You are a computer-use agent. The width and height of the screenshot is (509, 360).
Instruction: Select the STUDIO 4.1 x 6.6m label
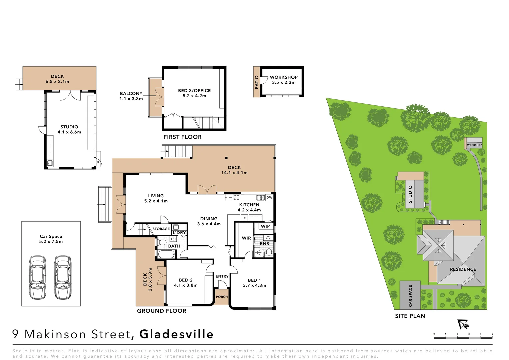(69, 129)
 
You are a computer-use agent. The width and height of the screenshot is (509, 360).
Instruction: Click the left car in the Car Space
(38, 277)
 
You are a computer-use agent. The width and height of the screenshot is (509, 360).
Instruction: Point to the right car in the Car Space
(63, 277)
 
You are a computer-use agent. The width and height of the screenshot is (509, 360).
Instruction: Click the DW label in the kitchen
(269, 198)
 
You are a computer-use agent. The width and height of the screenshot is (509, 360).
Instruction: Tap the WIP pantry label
(265, 226)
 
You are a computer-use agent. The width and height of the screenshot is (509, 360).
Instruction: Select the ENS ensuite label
(264, 244)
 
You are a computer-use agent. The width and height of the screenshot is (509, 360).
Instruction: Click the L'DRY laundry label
(179, 233)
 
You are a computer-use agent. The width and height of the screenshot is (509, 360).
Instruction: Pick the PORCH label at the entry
(222, 297)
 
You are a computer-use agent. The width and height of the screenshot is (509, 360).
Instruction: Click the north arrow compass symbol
(463, 324)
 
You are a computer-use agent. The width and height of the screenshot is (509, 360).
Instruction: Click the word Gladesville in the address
(176, 334)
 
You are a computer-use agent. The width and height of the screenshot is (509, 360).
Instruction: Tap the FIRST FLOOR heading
(182, 137)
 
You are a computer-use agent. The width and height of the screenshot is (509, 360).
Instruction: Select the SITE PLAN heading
(410, 316)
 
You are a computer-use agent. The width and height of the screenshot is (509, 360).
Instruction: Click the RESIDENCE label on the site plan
(463, 269)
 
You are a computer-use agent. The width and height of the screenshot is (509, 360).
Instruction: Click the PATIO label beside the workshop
(256, 82)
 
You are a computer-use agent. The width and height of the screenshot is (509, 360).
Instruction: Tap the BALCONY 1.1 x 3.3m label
(131, 96)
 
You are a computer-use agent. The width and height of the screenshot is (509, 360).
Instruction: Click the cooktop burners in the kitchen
(236, 198)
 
